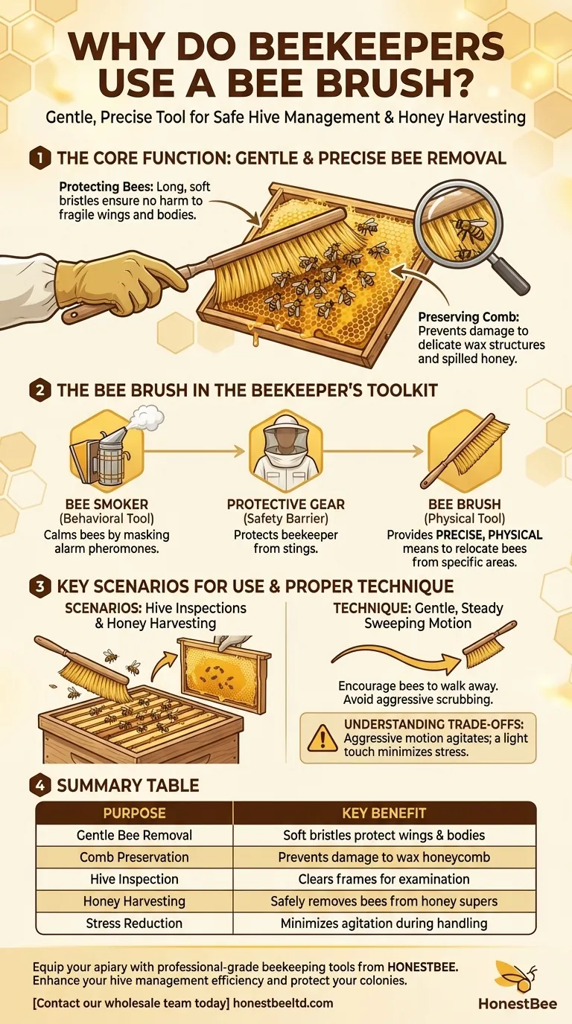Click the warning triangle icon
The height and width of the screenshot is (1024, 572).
click(322, 737)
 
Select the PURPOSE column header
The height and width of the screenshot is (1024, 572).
click(134, 813)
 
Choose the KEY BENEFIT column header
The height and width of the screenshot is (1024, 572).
click(384, 813)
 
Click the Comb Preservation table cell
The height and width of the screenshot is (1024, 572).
click(134, 857)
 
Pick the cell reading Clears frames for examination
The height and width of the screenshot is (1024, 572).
click(384, 879)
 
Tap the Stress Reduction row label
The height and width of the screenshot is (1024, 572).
click(134, 923)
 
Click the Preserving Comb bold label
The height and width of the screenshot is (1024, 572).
click(460, 318)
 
